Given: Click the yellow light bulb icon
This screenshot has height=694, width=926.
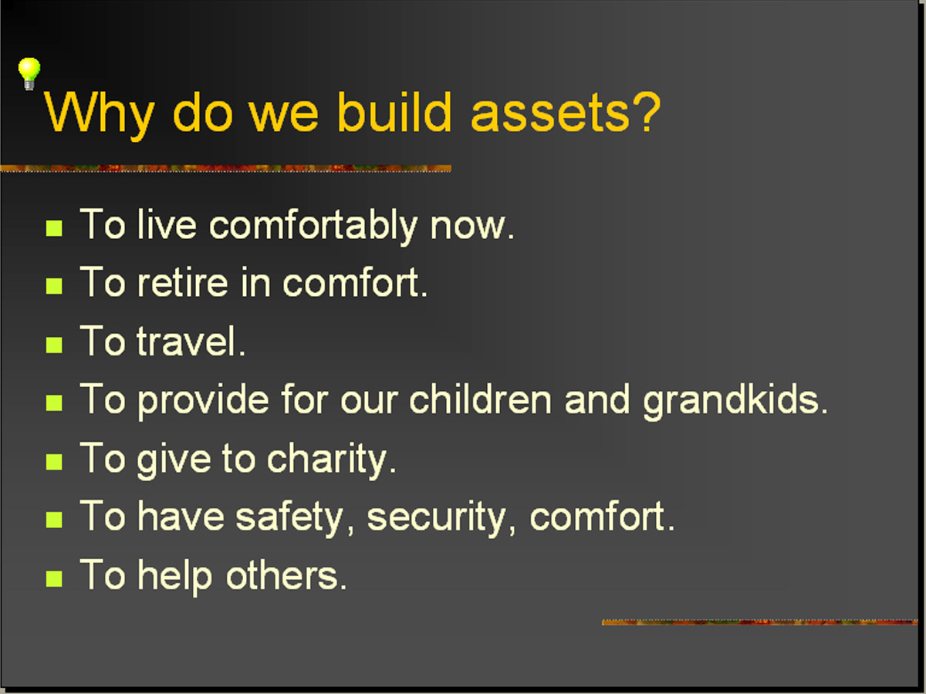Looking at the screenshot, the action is click(29, 73).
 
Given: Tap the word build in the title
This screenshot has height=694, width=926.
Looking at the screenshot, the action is click(394, 111).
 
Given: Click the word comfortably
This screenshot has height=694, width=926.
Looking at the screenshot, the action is click(313, 226).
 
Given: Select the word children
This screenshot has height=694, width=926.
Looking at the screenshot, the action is click(481, 399).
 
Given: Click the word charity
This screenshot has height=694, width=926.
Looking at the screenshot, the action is click(327, 460).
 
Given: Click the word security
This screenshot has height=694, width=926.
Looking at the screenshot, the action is click(436, 519).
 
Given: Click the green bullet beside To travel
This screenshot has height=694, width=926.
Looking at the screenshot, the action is click(54, 345).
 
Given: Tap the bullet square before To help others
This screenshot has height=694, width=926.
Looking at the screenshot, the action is click(54, 578).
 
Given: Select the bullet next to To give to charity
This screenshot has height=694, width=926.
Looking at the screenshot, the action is click(54, 461).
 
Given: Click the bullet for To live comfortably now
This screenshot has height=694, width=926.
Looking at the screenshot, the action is click(54, 228).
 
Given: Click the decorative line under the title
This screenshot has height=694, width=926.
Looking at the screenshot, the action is click(225, 168).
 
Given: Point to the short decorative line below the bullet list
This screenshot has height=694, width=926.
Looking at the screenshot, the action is click(760, 622).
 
